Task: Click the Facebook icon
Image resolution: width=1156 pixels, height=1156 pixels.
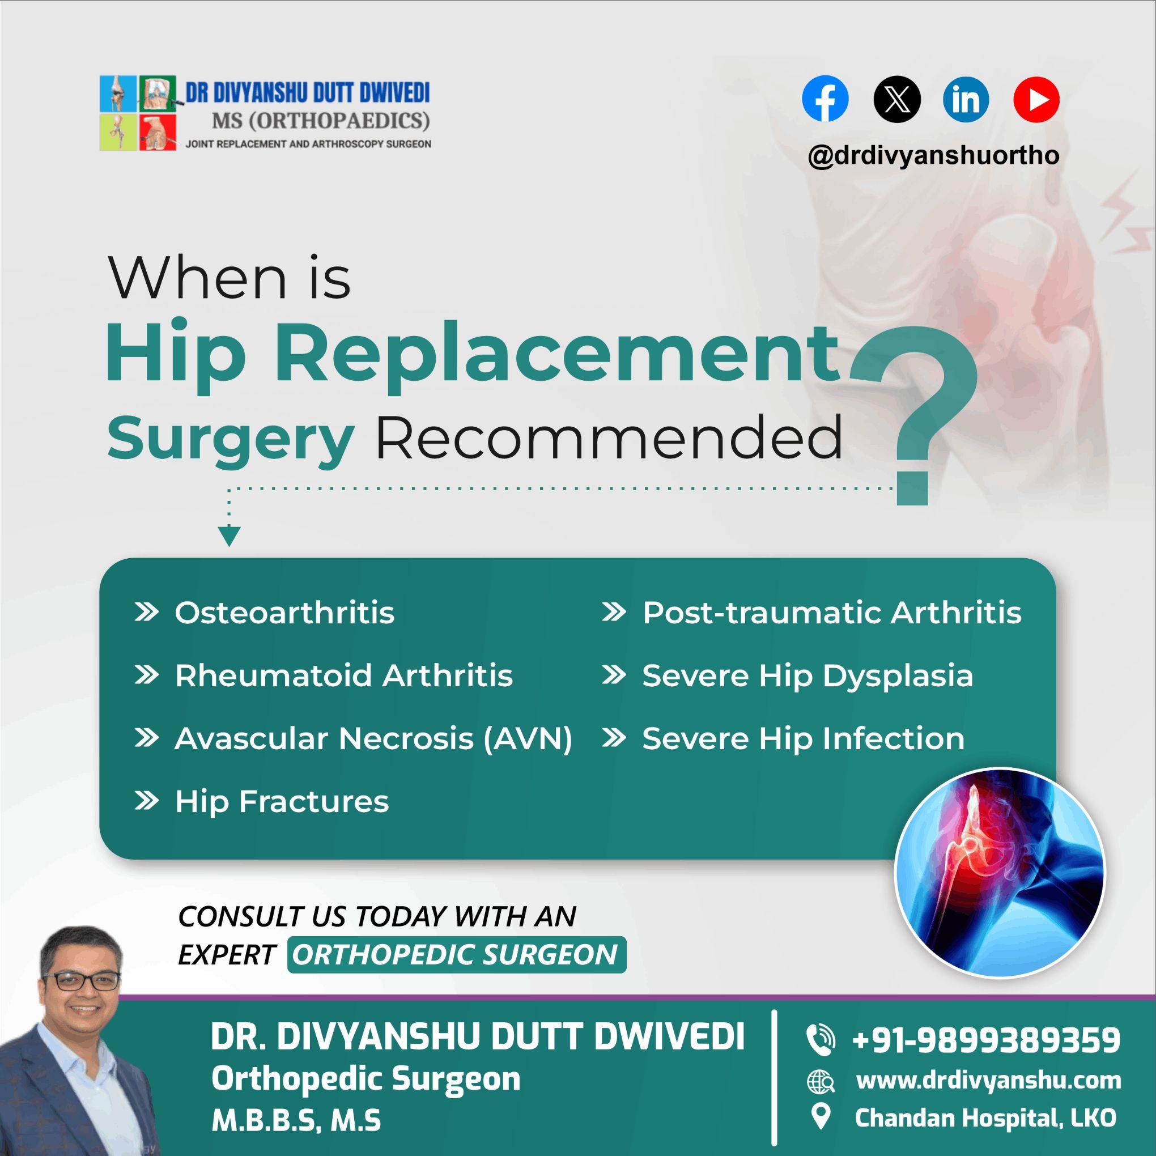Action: (x=824, y=99)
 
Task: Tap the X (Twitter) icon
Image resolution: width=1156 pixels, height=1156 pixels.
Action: (x=896, y=99)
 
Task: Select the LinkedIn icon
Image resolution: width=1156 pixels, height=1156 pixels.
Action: (x=966, y=99)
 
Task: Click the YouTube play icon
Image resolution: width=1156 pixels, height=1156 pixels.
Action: (x=1036, y=99)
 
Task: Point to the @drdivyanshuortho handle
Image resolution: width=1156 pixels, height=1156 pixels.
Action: (x=933, y=156)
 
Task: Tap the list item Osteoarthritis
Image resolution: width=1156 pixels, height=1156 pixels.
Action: (x=284, y=613)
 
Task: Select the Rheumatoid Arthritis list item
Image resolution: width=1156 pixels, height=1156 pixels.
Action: (x=343, y=675)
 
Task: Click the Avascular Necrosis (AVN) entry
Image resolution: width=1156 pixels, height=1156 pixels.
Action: (x=373, y=738)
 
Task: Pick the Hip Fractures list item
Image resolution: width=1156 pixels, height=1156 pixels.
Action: (x=281, y=802)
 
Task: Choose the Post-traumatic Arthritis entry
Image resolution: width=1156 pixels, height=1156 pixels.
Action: (x=832, y=613)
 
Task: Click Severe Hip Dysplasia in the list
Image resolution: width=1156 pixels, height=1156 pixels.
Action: (x=807, y=675)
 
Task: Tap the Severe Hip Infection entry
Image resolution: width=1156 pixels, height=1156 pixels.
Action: (x=803, y=738)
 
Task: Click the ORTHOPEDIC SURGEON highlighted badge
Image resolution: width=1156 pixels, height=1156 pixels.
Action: (x=456, y=954)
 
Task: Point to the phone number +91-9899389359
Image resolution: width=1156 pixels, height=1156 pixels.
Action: (x=986, y=1039)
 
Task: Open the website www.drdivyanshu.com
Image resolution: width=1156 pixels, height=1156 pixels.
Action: (x=988, y=1080)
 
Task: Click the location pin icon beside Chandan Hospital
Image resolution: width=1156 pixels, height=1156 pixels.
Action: (x=822, y=1116)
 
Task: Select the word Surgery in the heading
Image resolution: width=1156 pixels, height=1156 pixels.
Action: (x=231, y=438)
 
